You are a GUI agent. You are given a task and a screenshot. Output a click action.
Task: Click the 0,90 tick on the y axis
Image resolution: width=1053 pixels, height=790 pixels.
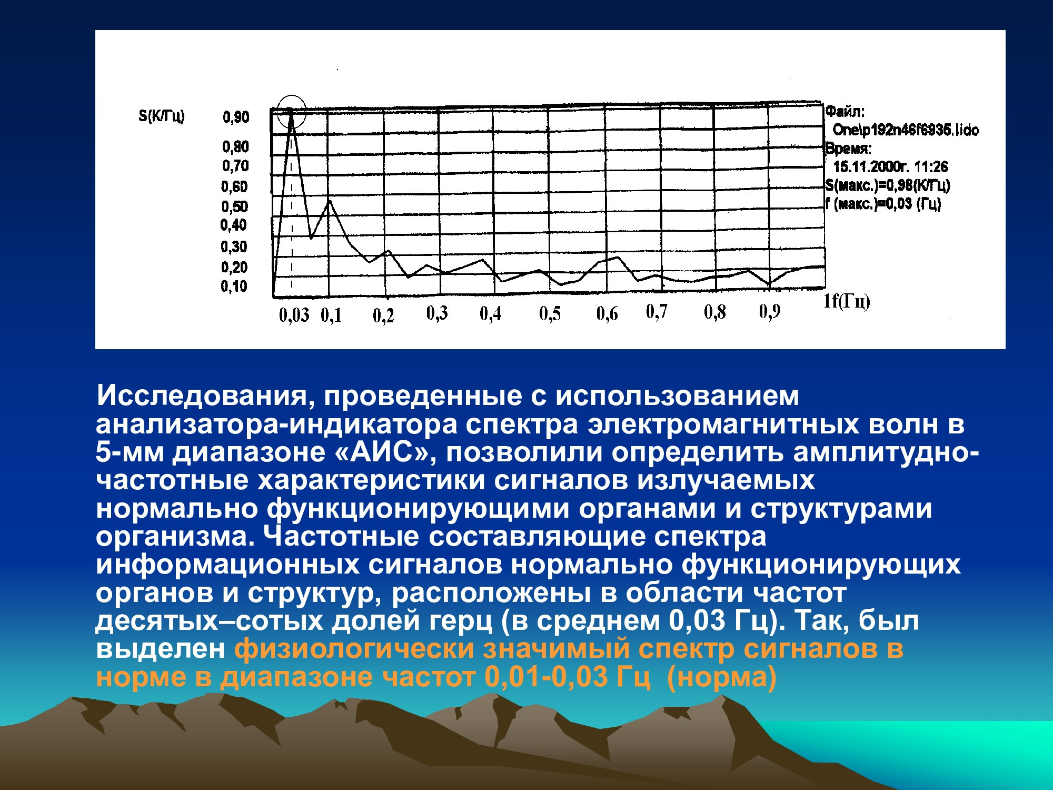click(236, 116)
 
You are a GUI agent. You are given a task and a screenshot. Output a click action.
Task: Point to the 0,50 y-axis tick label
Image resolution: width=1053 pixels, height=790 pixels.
click(234, 206)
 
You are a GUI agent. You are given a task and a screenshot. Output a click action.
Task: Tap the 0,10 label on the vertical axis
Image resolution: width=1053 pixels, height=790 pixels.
click(234, 287)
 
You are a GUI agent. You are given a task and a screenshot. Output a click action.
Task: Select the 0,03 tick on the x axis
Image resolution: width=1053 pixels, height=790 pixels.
click(294, 315)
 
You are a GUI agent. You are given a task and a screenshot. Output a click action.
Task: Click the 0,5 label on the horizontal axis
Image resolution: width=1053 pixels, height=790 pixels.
click(550, 314)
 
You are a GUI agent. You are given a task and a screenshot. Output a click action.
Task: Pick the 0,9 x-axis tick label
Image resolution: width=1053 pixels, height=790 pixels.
click(769, 312)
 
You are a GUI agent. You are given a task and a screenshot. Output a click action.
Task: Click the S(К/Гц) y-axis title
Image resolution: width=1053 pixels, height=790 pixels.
click(162, 116)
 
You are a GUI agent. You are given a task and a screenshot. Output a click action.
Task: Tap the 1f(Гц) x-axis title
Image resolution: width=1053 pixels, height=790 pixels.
click(847, 301)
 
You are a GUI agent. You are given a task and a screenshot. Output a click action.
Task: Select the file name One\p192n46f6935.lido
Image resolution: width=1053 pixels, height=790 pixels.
click(906, 130)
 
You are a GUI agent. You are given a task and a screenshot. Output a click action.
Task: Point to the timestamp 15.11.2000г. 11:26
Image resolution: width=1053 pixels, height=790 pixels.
click(890, 167)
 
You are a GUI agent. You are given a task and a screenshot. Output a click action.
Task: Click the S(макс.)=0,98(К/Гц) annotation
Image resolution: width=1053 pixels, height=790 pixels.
click(888, 185)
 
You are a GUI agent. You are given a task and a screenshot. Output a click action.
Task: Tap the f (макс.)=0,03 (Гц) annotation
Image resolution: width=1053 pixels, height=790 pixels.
click(883, 204)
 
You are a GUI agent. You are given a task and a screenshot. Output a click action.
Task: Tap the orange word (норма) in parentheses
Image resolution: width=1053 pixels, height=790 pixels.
click(721, 677)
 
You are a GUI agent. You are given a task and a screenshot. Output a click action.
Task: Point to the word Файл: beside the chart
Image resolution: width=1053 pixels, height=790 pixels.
click(845, 112)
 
